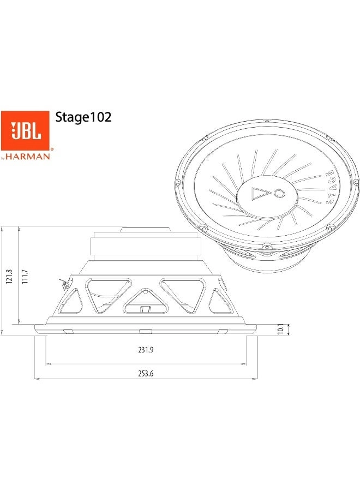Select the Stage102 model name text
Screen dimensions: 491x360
83,117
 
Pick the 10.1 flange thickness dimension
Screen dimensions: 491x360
280,330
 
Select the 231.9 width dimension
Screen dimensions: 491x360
146,350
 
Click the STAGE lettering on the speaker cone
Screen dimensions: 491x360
329,187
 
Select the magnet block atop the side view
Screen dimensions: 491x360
145,247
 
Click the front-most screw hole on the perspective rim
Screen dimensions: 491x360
266,247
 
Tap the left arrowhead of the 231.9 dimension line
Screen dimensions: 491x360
49,362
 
